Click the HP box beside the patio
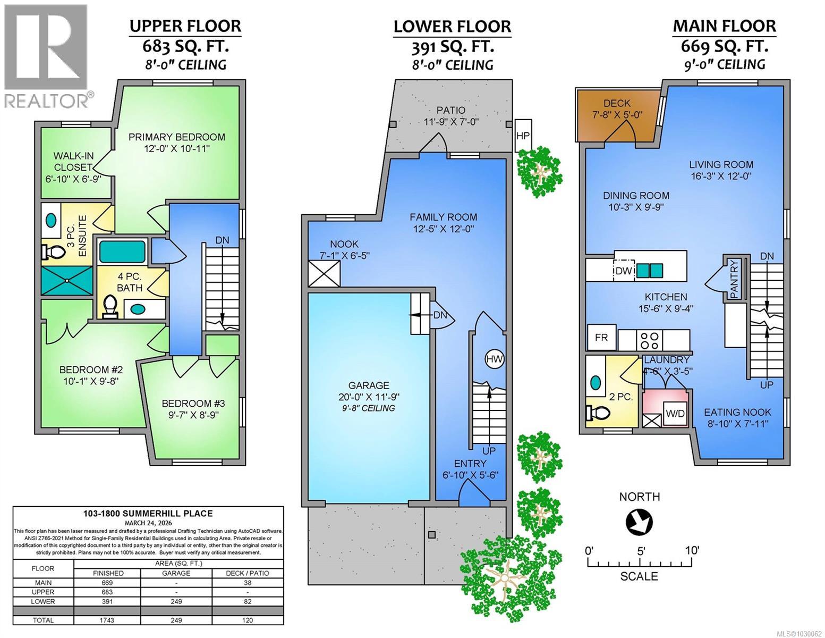pos(523,136)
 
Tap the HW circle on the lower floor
pos(495,359)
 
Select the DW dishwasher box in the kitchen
pos(624,271)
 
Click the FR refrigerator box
pos(601,338)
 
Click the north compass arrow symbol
pos(640,523)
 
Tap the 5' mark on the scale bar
pos(641,551)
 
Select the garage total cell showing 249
pos(176,620)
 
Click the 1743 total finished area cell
pos(107,620)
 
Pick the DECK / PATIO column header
pos(248,573)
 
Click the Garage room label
pos(369,385)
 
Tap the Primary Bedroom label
pos(176,137)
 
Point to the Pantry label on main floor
pos(734,279)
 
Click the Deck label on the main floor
pos(617,103)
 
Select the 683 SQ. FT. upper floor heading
pos(185,47)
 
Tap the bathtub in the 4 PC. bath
pos(123,251)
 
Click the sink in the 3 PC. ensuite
pos(51,220)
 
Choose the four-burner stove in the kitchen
pos(650,340)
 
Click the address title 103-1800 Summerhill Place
pos(148,514)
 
